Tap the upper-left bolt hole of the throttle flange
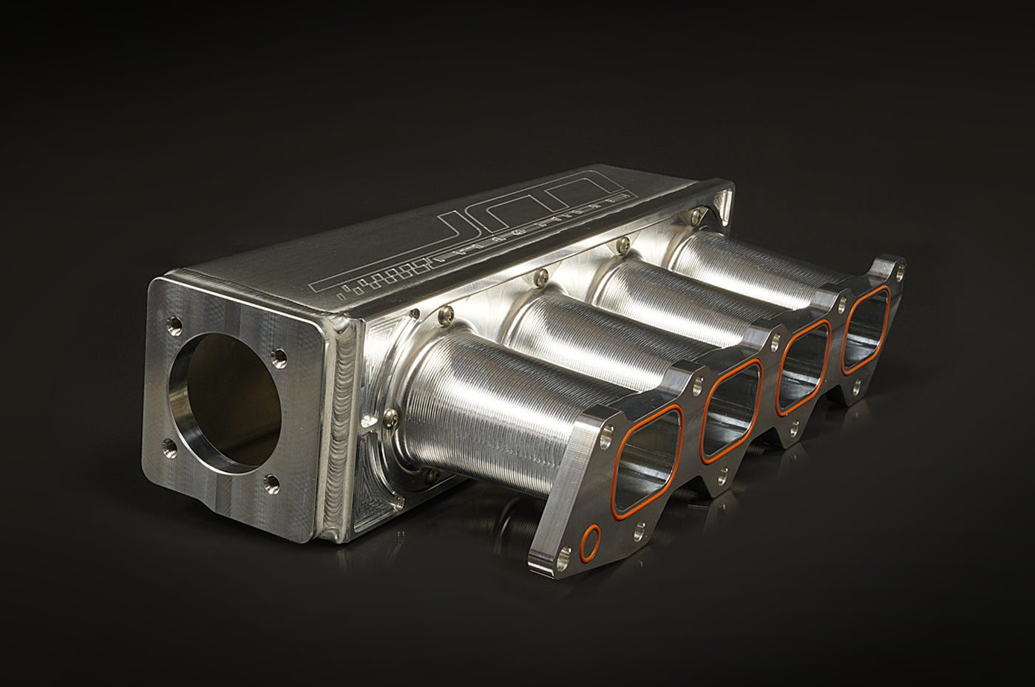click(176, 323)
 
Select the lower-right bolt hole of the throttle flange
click(271, 482)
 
